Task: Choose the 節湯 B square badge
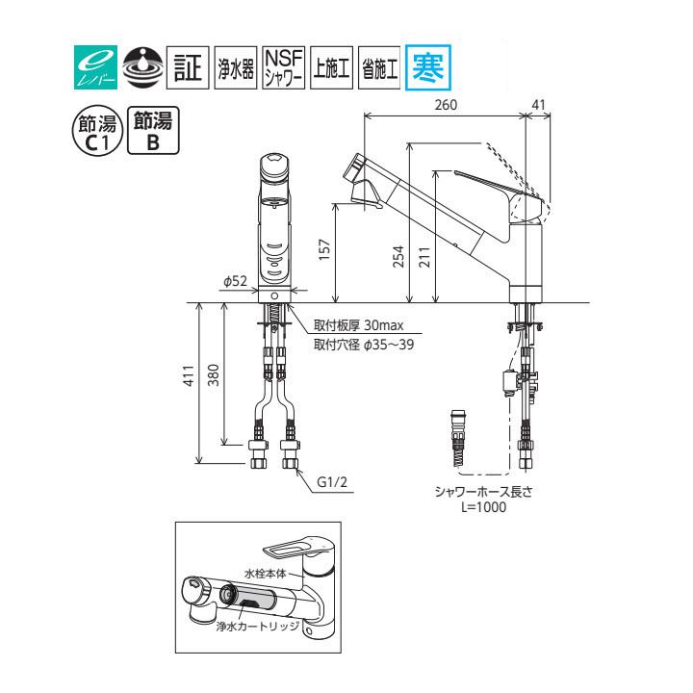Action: (154, 129)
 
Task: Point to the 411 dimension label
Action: (190, 375)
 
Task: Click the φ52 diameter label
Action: (235, 281)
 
